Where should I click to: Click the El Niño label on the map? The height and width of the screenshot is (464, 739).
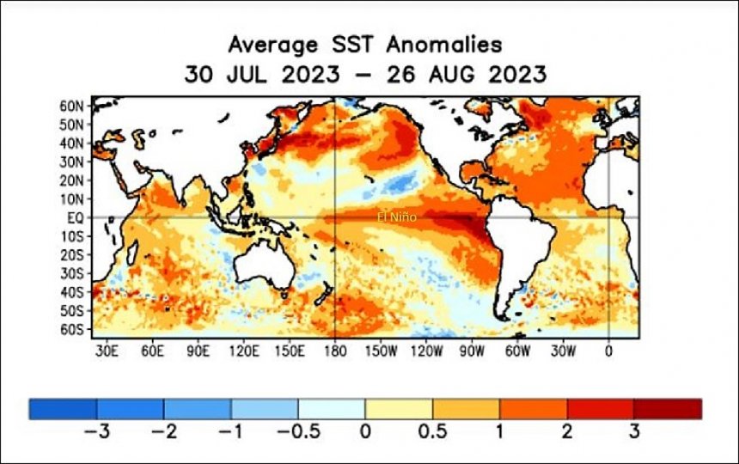(397, 217)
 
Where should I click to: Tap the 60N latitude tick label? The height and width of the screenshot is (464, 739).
(71, 106)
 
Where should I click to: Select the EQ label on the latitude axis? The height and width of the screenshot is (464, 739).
(75, 217)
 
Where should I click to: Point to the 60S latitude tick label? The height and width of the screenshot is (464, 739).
(71, 329)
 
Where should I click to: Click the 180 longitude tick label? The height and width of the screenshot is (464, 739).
(333, 351)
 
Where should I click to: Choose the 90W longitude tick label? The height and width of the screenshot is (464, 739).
(472, 351)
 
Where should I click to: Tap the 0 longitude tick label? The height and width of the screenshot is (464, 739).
(608, 351)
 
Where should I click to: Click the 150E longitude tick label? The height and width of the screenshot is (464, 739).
(289, 351)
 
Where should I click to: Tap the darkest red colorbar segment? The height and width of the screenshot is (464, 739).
(668, 409)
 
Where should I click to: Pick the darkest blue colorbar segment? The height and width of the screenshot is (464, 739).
(63, 409)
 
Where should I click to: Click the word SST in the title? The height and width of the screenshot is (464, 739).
(349, 45)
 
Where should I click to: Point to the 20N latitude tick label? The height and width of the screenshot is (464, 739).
(71, 180)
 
